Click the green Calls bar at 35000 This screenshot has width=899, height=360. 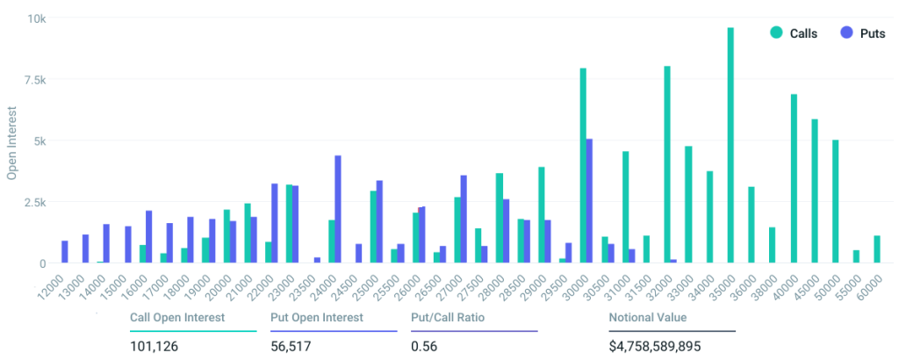click(x=730, y=145)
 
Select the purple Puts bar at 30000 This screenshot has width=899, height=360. click(x=589, y=201)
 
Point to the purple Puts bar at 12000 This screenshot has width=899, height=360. click(x=65, y=251)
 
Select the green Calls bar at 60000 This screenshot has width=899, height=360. click(x=877, y=249)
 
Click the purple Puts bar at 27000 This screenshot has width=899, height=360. click(x=464, y=219)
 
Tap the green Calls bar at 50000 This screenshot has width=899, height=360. click(x=836, y=201)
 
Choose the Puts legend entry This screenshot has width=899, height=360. click(x=860, y=32)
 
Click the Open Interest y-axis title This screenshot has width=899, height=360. click(x=12, y=140)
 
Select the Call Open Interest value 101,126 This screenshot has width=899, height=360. click(x=154, y=346)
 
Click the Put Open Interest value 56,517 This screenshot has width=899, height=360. click(x=291, y=346)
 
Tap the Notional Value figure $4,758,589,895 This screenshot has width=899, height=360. click(x=654, y=346)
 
